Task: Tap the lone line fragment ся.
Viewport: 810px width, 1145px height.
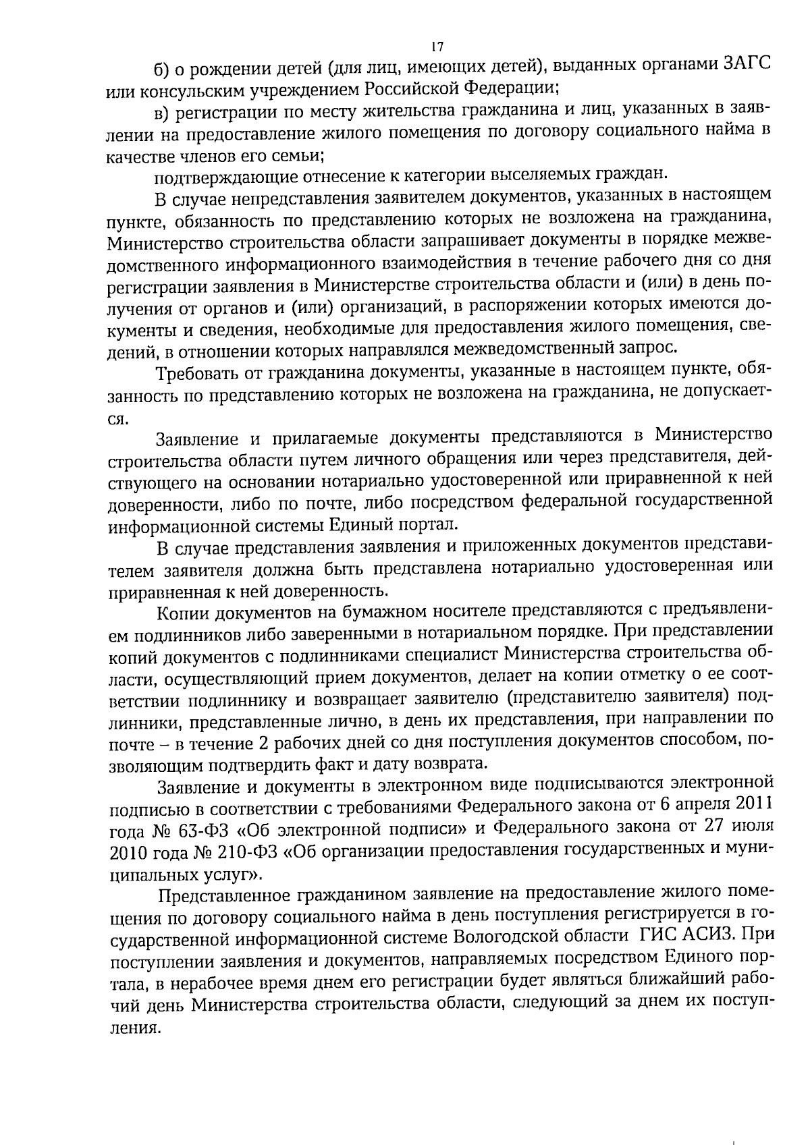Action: pyautogui.click(x=118, y=418)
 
